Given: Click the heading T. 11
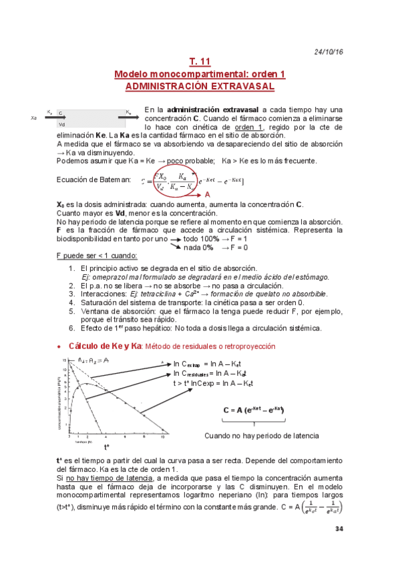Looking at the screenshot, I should click(200, 62).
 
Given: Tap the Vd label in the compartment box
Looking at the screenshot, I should click(61, 123).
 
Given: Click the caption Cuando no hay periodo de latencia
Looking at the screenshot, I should click(262, 435).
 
